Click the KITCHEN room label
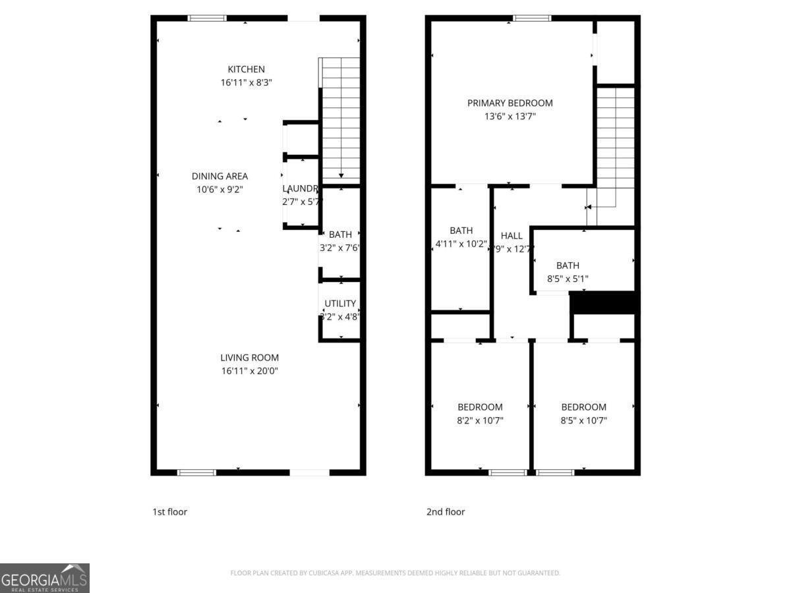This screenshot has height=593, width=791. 246,69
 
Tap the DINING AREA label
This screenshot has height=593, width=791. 220,176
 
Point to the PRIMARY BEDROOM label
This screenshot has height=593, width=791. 510,103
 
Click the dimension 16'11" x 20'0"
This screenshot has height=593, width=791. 249,371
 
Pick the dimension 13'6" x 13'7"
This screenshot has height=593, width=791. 510,117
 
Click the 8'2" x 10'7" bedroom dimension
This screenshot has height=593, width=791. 480,420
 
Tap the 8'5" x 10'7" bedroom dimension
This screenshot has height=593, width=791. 583,420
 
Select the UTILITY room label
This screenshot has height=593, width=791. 340,304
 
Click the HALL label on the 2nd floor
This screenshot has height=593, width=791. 512,235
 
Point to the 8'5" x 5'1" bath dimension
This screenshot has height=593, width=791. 568,279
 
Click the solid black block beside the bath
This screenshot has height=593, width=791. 602,302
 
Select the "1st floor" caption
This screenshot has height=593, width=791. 170,511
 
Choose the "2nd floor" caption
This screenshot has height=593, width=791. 446,511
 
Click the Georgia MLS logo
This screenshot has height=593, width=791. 44,578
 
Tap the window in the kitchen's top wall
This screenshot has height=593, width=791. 207,18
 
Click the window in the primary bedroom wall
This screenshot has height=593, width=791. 532,18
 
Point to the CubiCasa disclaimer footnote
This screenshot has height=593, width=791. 395,573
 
